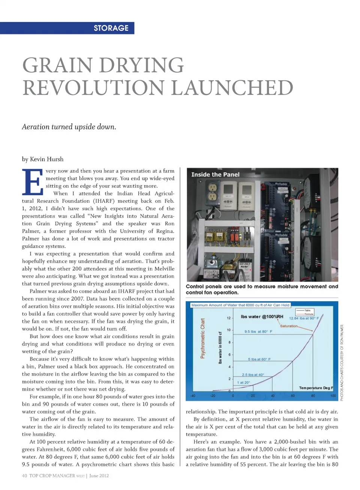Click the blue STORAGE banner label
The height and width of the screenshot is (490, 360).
[x=111, y=28]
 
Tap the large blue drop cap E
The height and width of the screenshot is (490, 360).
[x=33, y=182]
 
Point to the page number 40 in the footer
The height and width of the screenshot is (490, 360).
[x=24, y=476]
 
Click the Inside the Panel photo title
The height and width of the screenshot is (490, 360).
[x=215, y=175]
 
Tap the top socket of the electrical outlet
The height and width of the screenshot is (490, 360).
[x=213, y=187]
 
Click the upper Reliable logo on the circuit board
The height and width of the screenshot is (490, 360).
[x=281, y=184]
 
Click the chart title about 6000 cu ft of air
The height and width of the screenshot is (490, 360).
[x=240, y=305]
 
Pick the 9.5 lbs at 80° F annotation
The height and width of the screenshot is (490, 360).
[x=258, y=332]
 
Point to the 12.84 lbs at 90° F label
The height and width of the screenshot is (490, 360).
[x=304, y=318]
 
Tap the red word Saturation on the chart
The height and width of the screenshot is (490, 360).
[x=289, y=326]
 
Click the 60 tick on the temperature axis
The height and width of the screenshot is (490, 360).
[x=292, y=396]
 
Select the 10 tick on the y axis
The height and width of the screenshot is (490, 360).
[x=229, y=330]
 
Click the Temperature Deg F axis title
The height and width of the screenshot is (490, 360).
[x=316, y=388]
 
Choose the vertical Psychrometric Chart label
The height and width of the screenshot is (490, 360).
[x=203, y=338]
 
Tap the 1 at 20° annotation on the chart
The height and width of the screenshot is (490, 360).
[x=243, y=382]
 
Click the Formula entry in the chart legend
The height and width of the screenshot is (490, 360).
[x=309, y=314]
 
